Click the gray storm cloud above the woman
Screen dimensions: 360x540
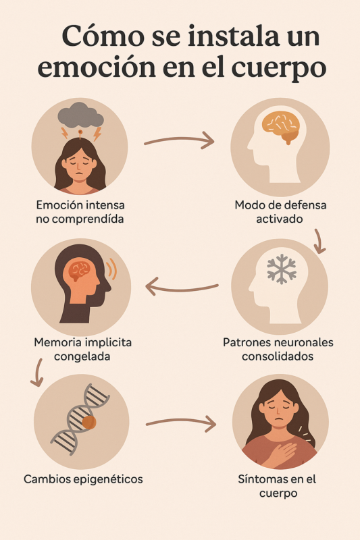(x=80, y=115)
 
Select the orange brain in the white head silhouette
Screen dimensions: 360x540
(x=280, y=126)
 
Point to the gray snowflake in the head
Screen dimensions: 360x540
(x=282, y=269)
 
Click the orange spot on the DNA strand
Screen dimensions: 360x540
(x=89, y=422)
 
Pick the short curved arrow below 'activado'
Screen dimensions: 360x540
(x=319, y=242)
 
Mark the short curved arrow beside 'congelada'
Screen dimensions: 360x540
(x=37, y=373)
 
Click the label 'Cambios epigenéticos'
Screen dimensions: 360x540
(x=83, y=479)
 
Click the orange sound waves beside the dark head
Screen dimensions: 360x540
(x=111, y=269)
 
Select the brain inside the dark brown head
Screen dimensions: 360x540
(x=80, y=269)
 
